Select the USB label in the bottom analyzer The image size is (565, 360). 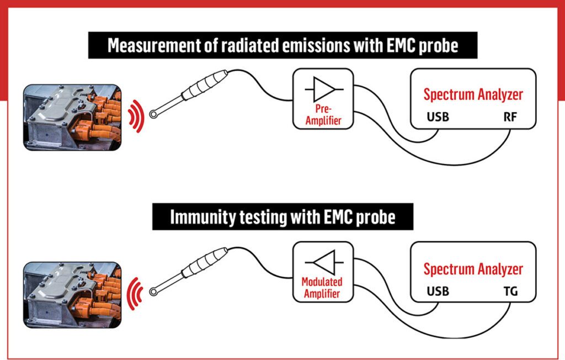click(438, 291)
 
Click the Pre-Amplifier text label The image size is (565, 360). click(323, 115)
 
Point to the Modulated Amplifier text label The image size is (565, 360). click(322, 288)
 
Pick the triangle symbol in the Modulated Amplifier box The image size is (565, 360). click(323, 260)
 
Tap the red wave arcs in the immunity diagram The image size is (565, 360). click(134, 289)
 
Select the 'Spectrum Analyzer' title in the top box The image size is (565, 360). click(473, 94)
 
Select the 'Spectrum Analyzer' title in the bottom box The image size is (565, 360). click(473, 269)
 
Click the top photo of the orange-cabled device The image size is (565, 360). click(72, 117)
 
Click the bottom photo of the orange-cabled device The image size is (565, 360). click(72, 292)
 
